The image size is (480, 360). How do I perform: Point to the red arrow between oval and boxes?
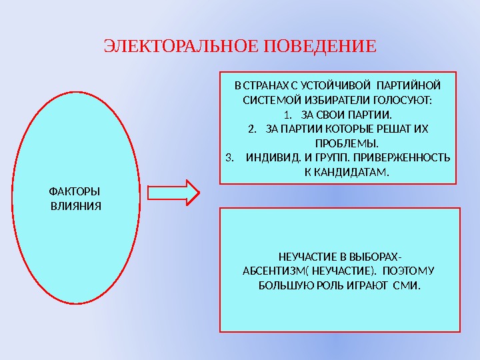point(173,193)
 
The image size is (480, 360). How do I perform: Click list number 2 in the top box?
point(251,129)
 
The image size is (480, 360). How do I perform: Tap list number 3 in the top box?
point(230,158)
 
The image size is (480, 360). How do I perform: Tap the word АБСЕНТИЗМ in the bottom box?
point(274,271)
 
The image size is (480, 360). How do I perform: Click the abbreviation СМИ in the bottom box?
point(408,286)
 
